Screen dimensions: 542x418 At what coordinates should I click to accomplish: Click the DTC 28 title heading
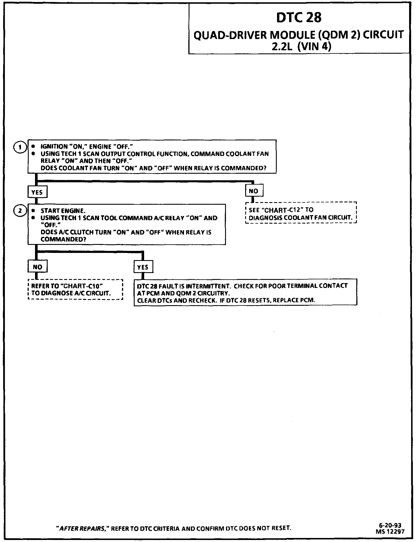coord(299,18)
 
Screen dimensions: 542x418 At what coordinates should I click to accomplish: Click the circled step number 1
coord(20,147)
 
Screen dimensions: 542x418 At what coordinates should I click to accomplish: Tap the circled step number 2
coord(20,211)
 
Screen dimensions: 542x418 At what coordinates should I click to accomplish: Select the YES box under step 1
coord(37,192)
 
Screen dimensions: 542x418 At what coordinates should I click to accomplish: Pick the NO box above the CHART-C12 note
coord(254,191)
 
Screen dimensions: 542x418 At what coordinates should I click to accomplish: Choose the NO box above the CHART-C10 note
coord(37,267)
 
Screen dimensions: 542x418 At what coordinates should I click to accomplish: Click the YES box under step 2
coord(143,267)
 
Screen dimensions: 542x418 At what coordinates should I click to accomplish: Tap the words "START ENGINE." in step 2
coord(63,211)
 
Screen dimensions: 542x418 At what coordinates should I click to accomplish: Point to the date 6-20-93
coord(390,526)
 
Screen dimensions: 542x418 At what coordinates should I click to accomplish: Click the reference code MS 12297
coord(390,531)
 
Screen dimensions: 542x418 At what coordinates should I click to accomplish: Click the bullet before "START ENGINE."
coord(33,211)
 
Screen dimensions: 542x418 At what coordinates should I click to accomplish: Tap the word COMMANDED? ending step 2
coord(63,239)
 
